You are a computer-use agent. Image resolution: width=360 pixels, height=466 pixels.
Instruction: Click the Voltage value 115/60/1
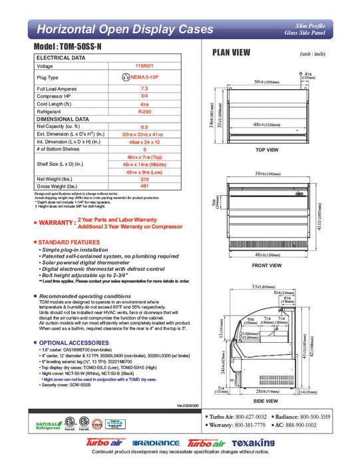144,66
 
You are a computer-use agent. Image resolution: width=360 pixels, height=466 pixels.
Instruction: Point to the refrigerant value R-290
144,113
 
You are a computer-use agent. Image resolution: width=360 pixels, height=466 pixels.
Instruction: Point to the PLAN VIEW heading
230,52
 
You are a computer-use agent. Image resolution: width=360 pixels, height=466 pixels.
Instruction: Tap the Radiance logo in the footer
156,443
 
